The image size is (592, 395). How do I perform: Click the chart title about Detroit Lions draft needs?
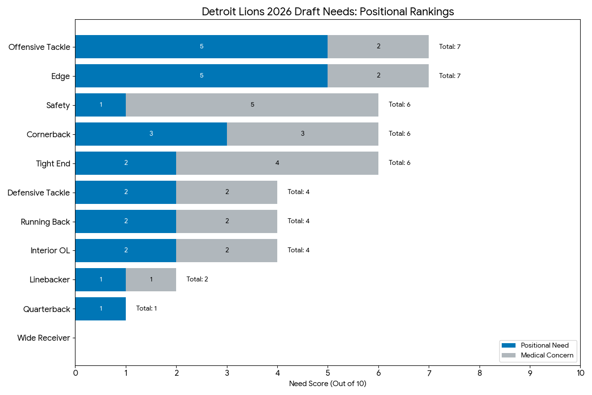point(328,11)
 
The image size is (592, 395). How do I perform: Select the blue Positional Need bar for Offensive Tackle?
point(201,46)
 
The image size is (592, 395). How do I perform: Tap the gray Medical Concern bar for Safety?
point(252,105)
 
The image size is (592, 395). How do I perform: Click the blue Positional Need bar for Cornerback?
point(151,134)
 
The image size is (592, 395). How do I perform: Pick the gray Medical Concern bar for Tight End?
point(277,163)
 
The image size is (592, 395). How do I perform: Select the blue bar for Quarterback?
point(101,309)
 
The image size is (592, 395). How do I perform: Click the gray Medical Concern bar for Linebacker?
point(151,279)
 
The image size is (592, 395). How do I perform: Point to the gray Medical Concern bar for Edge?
point(378,76)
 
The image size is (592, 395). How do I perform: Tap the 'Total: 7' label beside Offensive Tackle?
point(449,47)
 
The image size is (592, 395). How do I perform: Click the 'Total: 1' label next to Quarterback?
point(147,309)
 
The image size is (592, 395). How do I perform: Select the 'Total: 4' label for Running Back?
point(298,221)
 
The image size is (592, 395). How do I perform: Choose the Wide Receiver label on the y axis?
point(43,338)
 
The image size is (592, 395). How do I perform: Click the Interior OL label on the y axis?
point(50,250)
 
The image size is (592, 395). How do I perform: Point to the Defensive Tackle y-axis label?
point(38,193)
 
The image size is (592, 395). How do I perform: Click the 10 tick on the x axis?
point(580,374)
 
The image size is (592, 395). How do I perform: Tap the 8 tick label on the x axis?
point(480,374)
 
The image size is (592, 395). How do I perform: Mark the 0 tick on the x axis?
point(75,374)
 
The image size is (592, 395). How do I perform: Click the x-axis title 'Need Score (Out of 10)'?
point(328,384)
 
